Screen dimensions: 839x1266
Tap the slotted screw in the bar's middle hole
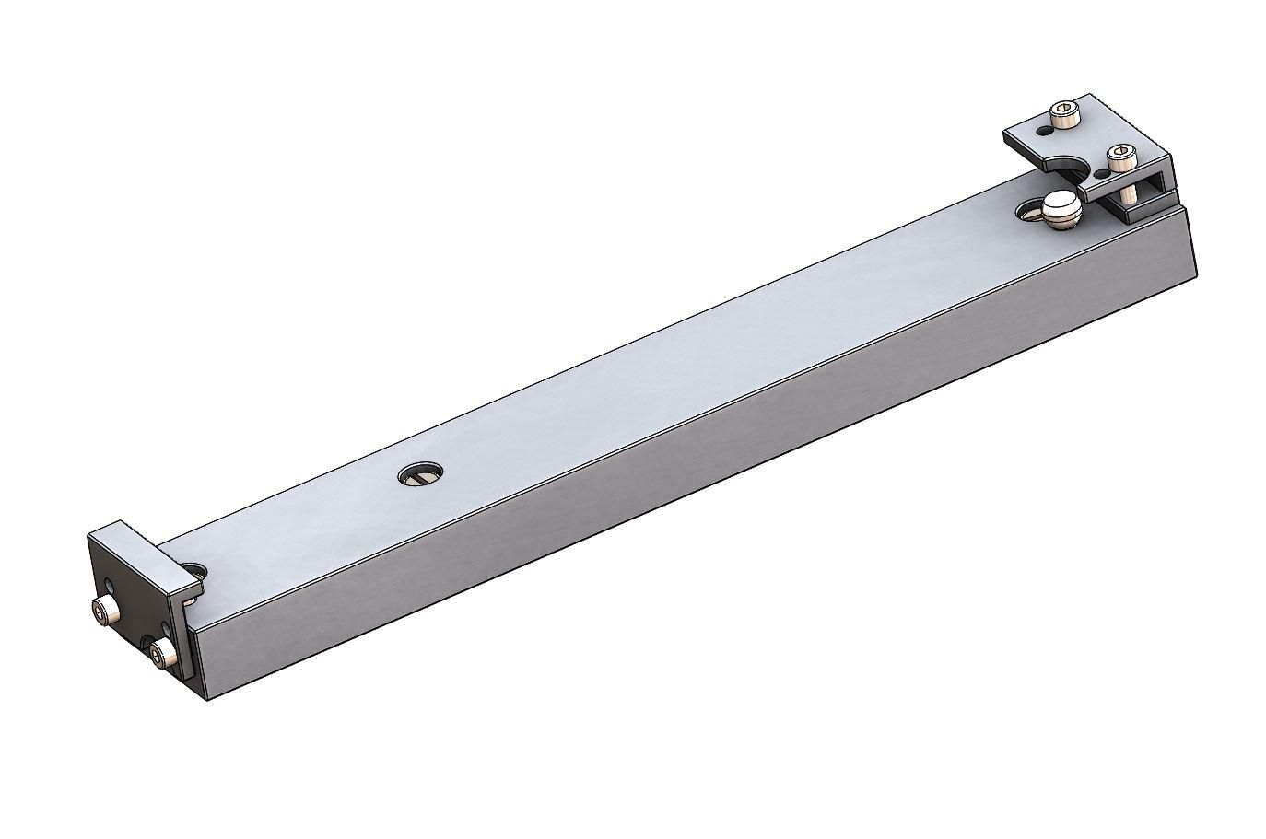[420, 476]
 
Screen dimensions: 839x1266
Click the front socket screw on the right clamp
[1119, 157]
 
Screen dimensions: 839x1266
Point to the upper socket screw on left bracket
[104, 609]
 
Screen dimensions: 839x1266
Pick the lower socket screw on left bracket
[161, 655]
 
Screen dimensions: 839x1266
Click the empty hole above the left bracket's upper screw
[111, 586]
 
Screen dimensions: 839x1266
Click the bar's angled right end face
[1190, 244]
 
